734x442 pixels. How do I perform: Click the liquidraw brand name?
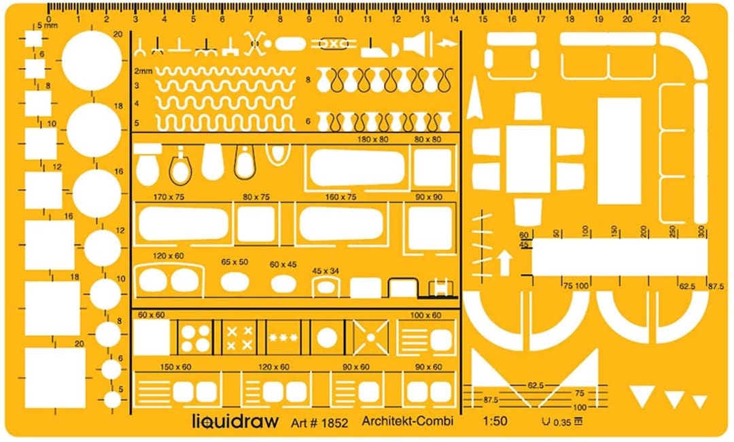point(235,421)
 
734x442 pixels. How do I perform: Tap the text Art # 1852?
point(319,423)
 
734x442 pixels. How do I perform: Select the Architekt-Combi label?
point(407,421)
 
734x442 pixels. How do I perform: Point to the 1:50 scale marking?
point(495,421)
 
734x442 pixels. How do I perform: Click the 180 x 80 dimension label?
point(374,139)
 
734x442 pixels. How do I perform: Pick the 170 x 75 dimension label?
point(169,197)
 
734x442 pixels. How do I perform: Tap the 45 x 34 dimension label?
point(326,271)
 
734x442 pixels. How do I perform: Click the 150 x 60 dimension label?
point(175,367)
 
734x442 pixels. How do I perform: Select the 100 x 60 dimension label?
point(425,316)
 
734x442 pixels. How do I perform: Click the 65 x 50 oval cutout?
point(234,281)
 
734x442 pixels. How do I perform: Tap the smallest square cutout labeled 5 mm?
point(33,39)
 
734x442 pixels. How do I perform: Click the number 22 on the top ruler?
point(684,19)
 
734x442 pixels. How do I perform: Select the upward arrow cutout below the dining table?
point(504,262)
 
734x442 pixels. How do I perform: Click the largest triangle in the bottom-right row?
point(642,396)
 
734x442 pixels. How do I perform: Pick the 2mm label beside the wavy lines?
point(143,71)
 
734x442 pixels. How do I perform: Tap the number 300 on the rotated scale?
point(701,231)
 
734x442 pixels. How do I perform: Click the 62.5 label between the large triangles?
point(536,386)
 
